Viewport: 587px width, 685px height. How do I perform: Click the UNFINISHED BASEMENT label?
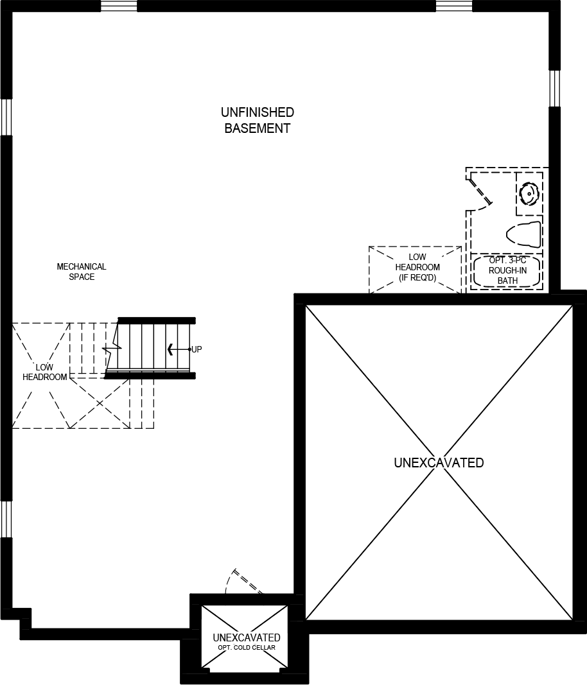click(x=257, y=120)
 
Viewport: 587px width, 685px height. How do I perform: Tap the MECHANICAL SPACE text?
click(x=82, y=272)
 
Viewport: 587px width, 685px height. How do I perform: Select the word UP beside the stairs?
click(x=197, y=349)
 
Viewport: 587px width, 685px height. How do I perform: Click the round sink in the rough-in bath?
click(x=529, y=193)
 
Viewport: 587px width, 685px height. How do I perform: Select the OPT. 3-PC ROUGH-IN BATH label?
click(x=507, y=270)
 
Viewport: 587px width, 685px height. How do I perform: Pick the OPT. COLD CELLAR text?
click(x=247, y=647)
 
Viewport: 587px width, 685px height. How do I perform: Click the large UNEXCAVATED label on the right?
click(x=439, y=463)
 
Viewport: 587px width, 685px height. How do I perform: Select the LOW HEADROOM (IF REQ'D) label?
click(x=417, y=267)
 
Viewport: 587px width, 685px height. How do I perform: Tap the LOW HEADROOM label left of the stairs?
click(x=45, y=372)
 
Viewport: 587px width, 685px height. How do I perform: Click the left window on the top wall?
click(x=119, y=6)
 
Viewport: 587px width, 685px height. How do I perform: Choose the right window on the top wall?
click(x=454, y=6)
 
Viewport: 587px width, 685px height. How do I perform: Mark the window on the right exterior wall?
click(x=554, y=88)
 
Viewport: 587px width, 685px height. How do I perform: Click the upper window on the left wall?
click(x=6, y=117)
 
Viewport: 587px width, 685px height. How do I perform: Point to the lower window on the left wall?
click(x=6, y=519)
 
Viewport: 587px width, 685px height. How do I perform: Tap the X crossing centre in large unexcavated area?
click(x=439, y=462)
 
